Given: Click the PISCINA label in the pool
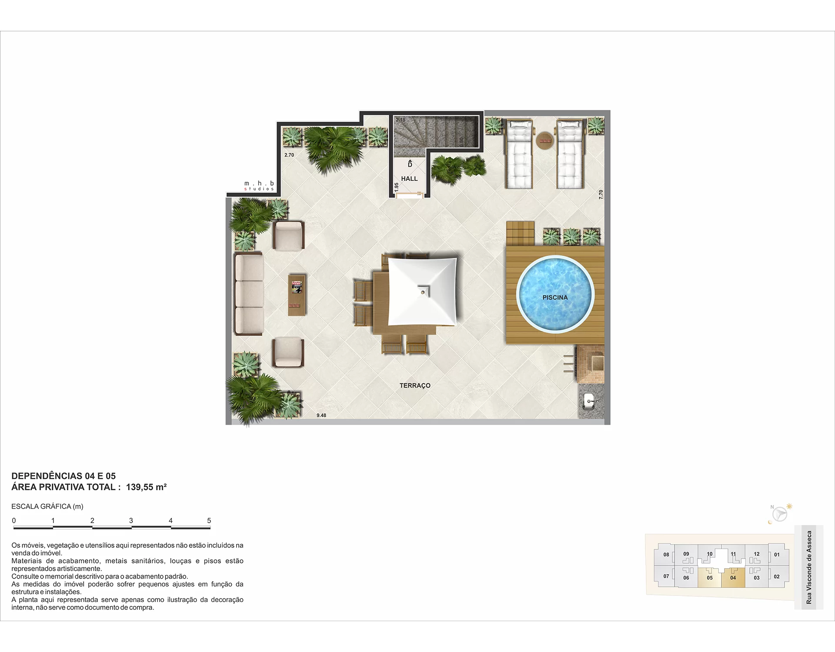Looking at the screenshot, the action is point(555,297).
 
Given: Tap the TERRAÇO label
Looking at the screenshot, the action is point(415,386).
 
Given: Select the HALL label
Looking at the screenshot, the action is point(409,179).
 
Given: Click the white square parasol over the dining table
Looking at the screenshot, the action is point(422,291).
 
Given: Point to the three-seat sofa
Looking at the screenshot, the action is point(249,294).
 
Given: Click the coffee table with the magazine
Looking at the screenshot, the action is point(297,295).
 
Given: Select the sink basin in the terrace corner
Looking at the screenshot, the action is point(590,402).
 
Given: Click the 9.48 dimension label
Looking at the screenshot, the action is point(321,416).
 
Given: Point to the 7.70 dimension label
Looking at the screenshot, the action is point(601,194).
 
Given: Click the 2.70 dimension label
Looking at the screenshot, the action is point(289,155).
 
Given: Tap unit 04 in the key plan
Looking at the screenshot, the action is point(733,577).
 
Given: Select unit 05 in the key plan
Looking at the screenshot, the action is point(710,577).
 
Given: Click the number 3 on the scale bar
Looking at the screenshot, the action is point(131,520).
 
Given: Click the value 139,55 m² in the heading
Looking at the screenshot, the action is point(146,487).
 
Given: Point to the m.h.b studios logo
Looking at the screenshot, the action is point(259,186).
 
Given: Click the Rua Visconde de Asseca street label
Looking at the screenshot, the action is point(809,567).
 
